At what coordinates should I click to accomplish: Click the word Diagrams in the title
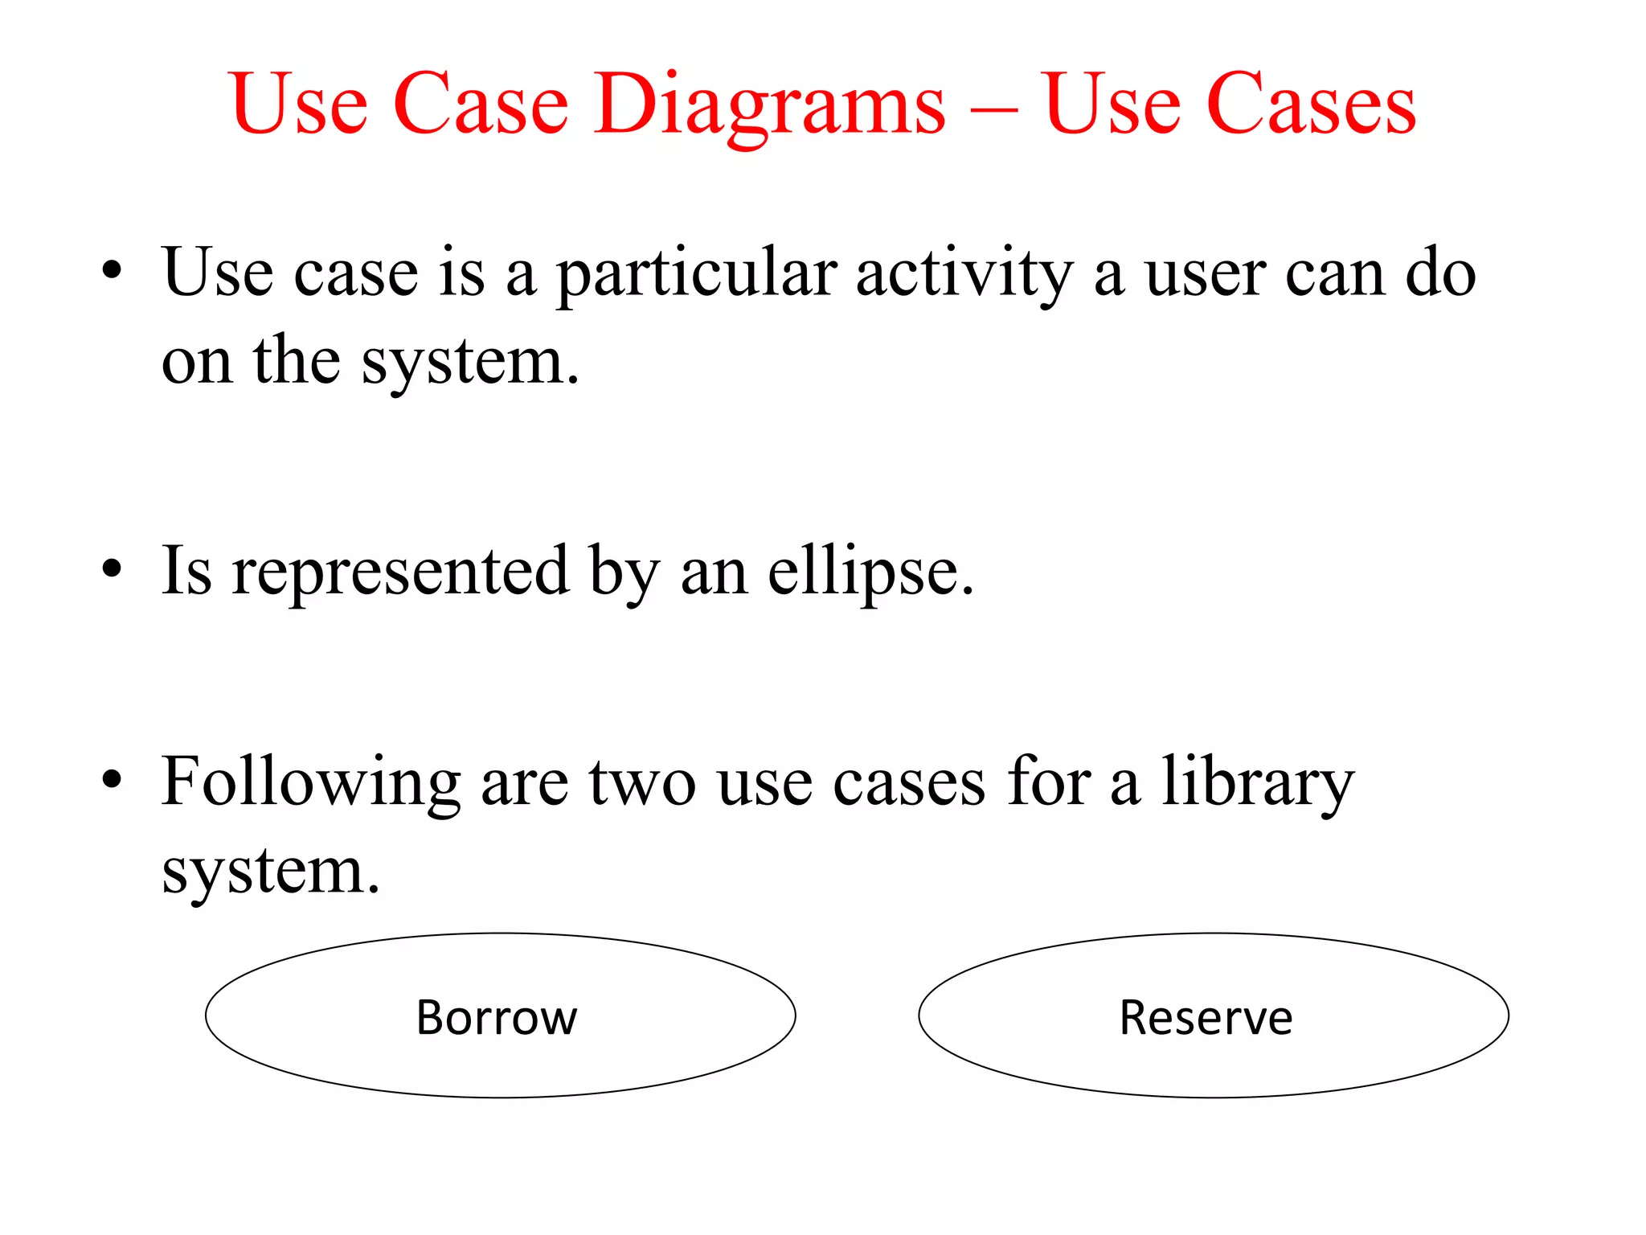click(x=771, y=105)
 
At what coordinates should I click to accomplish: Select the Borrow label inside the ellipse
click(x=497, y=1017)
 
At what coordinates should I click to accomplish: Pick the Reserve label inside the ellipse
click(x=1206, y=1017)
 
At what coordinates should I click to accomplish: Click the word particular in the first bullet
click(x=696, y=273)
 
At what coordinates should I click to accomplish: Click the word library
click(x=1258, y=782)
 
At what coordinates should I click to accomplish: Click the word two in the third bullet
click(x=642, y=782)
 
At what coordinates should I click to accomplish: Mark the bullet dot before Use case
click(x=112, y=270)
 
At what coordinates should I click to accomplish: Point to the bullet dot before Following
click(x=112, y=778)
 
